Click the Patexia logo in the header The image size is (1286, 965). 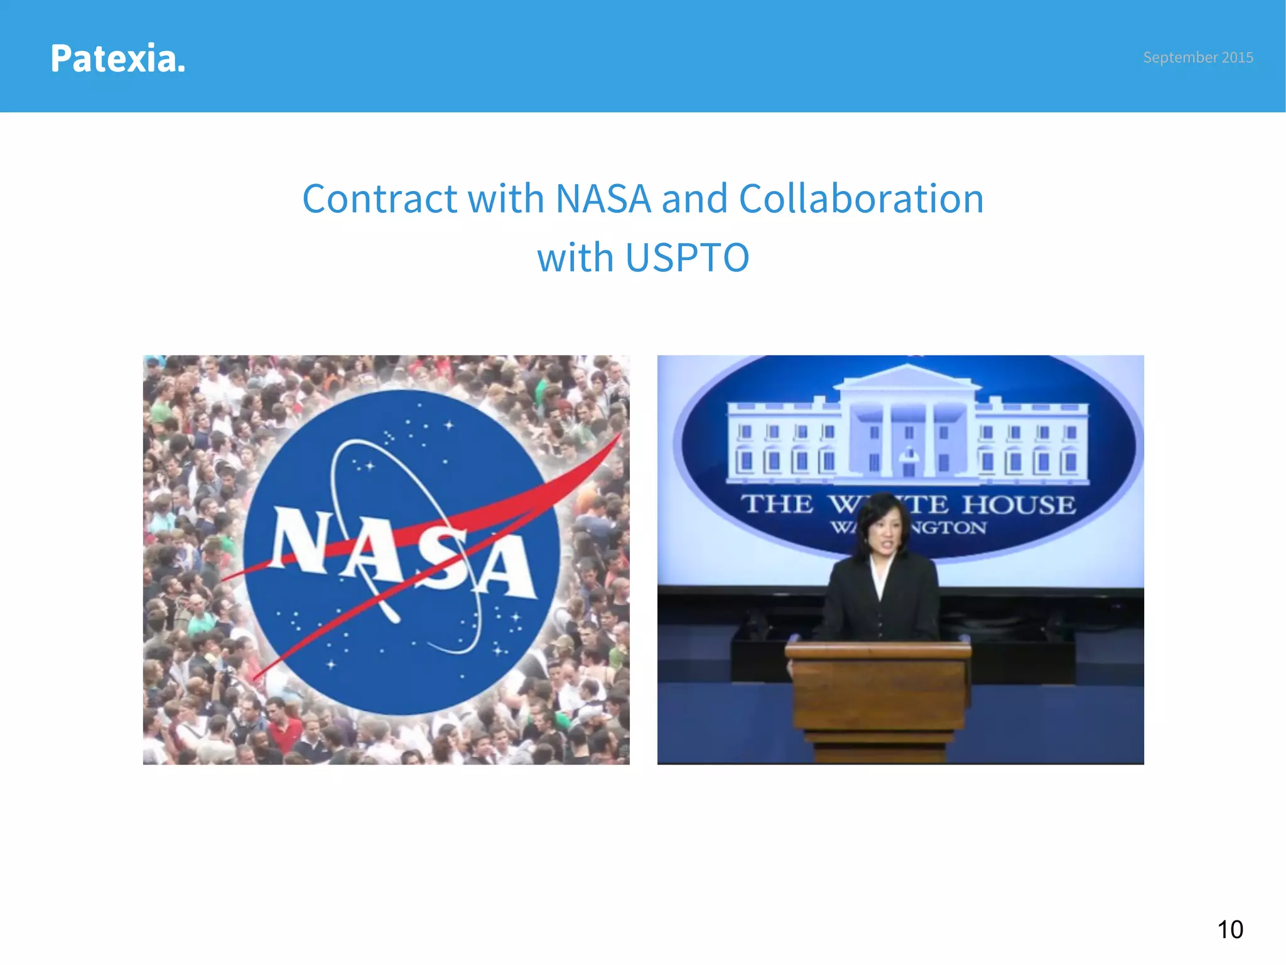[x=118, y=58]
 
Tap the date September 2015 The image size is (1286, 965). [x=1197, y=57]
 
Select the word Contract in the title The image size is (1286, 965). [x=379, y=199]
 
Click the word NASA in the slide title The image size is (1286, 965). [x=603, y=199]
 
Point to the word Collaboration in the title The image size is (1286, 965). [x=861, y=199]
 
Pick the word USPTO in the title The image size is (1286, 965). [x=687, y=258]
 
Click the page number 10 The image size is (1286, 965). [x=1229, y=930]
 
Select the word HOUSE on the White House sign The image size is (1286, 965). [x=1019, y=504]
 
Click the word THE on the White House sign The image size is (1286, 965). [x=777, y=504]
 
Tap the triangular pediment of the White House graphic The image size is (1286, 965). [x=907, y=376]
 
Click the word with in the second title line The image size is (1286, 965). [x=575, y=258]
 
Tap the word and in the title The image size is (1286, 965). [x=694, y=199]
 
